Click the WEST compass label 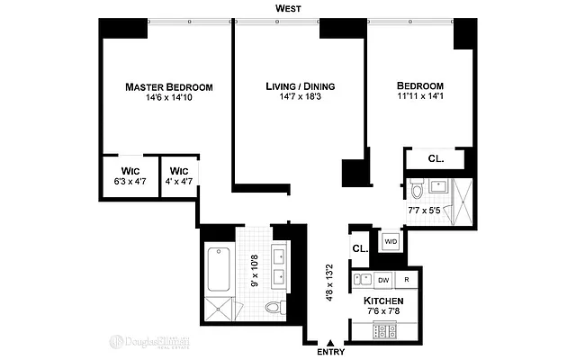(x=289, y=8)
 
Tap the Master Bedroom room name (x=169, y=87)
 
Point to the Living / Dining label (x=300, y=86)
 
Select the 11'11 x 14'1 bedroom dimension (x=420, y=98)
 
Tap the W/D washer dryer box (x=391, y=242)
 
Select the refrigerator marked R (x=408, y=280)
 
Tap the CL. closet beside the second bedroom (x=436, y=159)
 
